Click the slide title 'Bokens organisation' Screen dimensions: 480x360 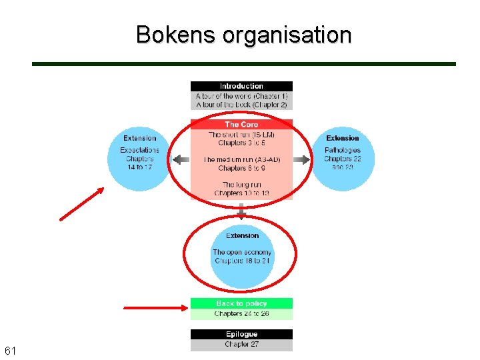(x=243, y=34)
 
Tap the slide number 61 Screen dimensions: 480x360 (x=11, y=351)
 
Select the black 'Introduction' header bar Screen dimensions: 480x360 (x=241, y=86)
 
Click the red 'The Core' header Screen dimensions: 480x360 (x=241, y=125)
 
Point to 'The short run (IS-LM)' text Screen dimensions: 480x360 (x=241, y=135)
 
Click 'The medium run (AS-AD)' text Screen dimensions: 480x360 (x=241, y=160)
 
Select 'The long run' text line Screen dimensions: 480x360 (x=241, y=185)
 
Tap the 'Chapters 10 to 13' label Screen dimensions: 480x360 (x=241, y=193)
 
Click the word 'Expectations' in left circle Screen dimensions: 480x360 (x=140, y=150)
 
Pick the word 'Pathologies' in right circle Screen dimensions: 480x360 (x=343, y=150)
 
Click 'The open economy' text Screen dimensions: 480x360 (x=242, y=252)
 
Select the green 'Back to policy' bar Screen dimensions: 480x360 (x=241, y=303)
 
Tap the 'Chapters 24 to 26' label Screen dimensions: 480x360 (x=241, y=313)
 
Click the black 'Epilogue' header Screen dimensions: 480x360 (x=241, y=334)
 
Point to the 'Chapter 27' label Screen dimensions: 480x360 (x=241, y=345)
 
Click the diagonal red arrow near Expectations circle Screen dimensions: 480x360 (x=81, y=203)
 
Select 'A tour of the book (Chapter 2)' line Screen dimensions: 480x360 (x=241, y=105)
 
